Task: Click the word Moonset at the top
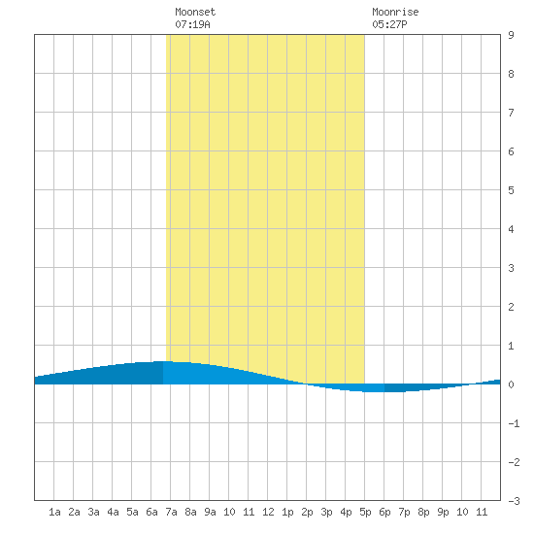pyautogui.click(x=195, y=12)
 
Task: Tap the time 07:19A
pyautogui.click(x=192, y=24)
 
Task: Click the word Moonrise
pyautogui.click(x=395, y=12)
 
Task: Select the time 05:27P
pyautogui.click(x=389, y=24)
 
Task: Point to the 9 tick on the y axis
pyautogui.click(x=511, y=35)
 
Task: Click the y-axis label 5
pyautogui.click(x=511, y=190)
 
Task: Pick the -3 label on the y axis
pyautogui.click(x=514, y=501)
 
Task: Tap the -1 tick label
pyautogui.click(x=514, y=423)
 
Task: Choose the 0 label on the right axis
pyautogui.click(x=511, y=384)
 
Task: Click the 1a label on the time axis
pyautogui.click(x=54, y=512)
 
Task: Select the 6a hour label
pyautogui.click(x=151, y=512)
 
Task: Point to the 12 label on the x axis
pyautogui.click(x=268, y=512)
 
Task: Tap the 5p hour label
pyautogui.click(x=365, y=512)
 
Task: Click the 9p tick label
pyautogui.click(x=443, y=512)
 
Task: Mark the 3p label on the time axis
pyautogui.click(x=326, y=512)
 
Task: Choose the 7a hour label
pyautogui.click(x=171, y=512)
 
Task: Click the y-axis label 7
pyautogui.click(x=511, y=113)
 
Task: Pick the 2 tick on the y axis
pyautogui.click(x=511, y=307)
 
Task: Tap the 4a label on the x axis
pyautogui.click(x=113, y=512)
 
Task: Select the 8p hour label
pyautogui.click(x=423, y=512)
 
